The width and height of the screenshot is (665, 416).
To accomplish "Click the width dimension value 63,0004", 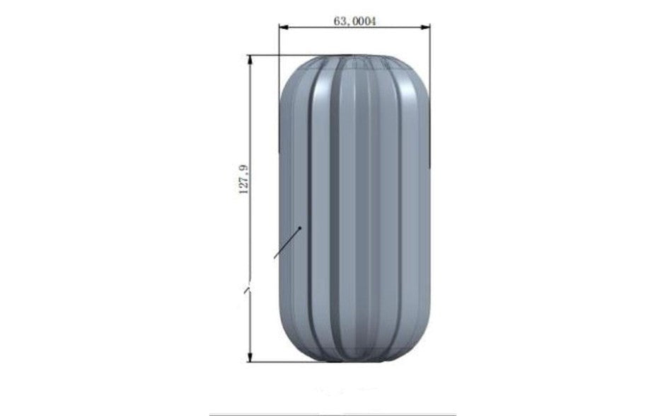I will pyautogui.click(x=354, y=21).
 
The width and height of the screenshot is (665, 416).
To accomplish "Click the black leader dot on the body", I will pyautogui.click(x=301, y=227).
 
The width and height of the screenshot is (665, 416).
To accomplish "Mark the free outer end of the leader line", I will pyautogui.click(x=274, y=257).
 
